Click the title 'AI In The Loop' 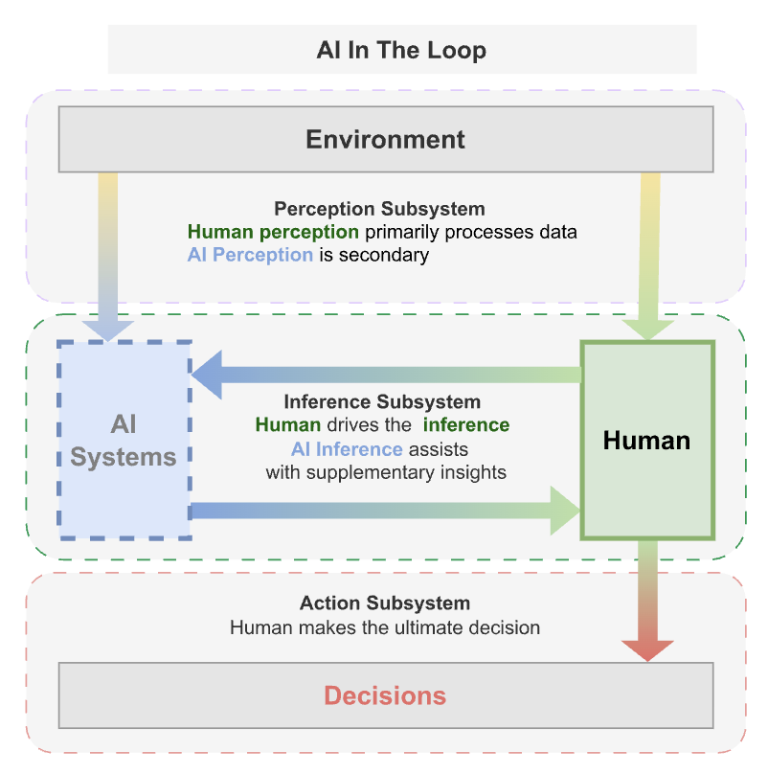point(401,50)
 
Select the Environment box point(386,139)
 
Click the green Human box point(647,440)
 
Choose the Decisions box point(386,694)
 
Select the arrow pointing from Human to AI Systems point(383,375)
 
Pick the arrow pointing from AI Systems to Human point(383,511)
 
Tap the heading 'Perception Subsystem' point(379,209)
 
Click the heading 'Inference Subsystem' point(382,401)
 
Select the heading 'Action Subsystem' point(385,603)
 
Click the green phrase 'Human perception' point(273,232)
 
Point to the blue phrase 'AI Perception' point(250,255)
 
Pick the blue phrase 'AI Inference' point(347,448)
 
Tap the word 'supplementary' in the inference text point(371,471)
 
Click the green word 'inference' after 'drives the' point(466,424)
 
